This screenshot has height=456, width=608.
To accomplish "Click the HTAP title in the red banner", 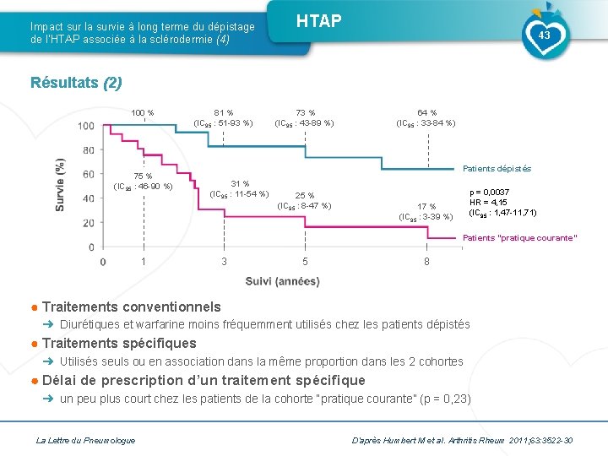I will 318,21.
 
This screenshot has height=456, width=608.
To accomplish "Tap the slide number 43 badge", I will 544,35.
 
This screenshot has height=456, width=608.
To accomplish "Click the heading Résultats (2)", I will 76,83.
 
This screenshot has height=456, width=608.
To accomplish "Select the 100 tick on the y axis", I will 86,127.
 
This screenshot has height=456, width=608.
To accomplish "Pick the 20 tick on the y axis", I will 89,223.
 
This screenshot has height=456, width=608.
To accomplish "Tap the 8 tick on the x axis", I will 427,262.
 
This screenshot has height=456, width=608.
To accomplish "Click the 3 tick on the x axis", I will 224,262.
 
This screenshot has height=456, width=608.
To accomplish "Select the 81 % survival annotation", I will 224,112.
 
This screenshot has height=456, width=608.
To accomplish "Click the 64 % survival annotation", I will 426,112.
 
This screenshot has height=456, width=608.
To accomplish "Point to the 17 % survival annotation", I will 426,207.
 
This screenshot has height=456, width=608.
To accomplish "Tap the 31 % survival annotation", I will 240,184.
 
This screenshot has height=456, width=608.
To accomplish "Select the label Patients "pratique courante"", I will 520,237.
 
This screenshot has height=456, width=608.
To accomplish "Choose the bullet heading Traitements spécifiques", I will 118,343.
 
